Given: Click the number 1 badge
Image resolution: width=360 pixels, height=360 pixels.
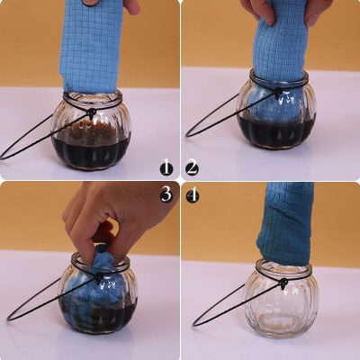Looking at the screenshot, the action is coord(166,167).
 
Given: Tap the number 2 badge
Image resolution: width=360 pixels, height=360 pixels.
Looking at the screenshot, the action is coord(193,167).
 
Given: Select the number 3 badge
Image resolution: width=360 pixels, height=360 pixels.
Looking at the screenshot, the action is coord(166,194).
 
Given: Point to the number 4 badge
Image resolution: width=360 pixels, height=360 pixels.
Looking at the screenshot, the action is coord(193,196).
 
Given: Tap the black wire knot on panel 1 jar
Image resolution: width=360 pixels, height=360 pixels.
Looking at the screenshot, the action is coord(91,113).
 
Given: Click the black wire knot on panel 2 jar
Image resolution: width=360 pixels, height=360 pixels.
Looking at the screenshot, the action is coord(278,92).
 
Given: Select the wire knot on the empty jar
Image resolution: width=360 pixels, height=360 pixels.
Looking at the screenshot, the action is coord(283,283).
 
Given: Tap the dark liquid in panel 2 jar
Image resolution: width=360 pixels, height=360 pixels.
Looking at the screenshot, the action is coord(276,132).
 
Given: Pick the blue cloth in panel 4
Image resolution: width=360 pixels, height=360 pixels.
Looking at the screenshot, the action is coord(285,223).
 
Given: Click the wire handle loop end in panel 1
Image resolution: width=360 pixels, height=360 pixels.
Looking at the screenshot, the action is coord(3,157).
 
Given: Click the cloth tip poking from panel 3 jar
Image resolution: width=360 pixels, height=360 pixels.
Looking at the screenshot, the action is coord(102,250).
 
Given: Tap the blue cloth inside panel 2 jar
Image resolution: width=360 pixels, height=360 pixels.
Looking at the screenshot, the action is coord(272,108).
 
